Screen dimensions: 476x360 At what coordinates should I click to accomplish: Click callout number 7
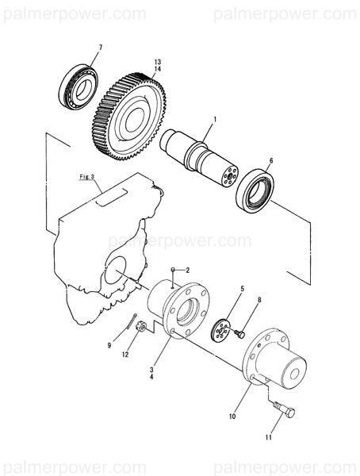point(100,49)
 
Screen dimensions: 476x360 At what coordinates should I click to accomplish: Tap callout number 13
point(157,62)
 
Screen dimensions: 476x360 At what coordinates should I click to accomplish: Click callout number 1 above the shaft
point(213,119)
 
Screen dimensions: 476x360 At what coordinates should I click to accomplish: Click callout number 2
point(188,270)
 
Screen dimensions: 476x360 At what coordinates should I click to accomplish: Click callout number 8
point(259,301)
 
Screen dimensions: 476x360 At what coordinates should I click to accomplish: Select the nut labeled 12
point(139,327)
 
